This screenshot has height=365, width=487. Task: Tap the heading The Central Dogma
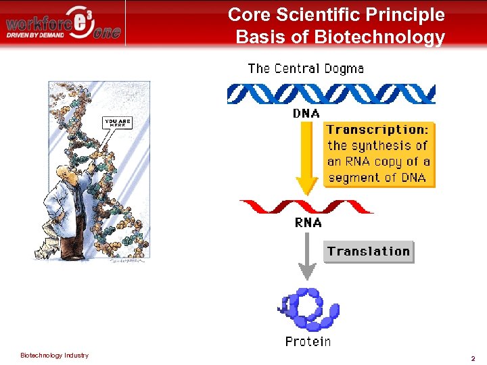point(306,68)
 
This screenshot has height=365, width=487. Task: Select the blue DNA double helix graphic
point(331,93)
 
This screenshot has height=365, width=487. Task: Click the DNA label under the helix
point(306,114)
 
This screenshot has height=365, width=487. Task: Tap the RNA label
point(308,222)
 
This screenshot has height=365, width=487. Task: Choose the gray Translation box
point(369,251)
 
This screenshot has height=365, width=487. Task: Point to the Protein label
point(308,341)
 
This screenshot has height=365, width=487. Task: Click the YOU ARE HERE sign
point(116,123)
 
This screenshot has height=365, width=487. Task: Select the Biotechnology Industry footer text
point(54,356)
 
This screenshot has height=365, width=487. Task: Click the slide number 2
point(473,358)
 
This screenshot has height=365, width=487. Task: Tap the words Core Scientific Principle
point(336,15)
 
